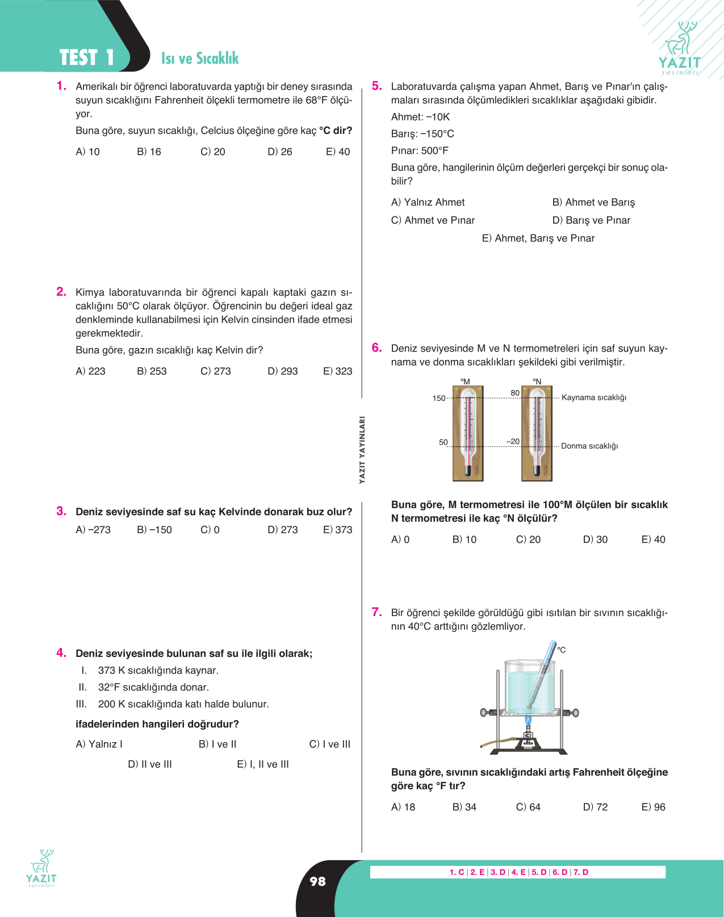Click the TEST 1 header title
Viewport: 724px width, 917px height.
[87, 57]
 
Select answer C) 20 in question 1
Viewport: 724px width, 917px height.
[212, 152]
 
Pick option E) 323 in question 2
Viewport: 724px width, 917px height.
[337, 371]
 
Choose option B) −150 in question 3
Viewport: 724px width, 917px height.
[154, 530]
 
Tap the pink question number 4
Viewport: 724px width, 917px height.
[61, 653]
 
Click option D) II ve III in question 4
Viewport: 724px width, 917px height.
[150, 764]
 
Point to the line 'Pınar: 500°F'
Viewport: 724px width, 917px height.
[420, 151]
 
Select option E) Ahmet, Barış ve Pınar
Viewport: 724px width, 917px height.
[538, 238]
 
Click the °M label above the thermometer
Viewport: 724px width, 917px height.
[465, 382]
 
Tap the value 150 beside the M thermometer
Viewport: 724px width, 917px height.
[439, 398]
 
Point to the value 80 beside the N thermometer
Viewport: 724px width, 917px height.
[515, 393]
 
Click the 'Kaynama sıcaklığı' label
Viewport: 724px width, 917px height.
[594, 397]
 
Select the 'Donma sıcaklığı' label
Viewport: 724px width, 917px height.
[589, 446]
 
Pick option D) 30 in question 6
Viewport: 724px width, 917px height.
[595, 539]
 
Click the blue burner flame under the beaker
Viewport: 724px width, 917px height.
[529, 721]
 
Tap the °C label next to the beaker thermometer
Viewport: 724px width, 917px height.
[562, 650]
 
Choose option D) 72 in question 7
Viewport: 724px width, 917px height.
[595, 807]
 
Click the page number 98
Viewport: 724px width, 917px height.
[318, 881]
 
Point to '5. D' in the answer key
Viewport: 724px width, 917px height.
[539, 872]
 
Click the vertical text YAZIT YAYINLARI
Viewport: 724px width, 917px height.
[362, 450]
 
